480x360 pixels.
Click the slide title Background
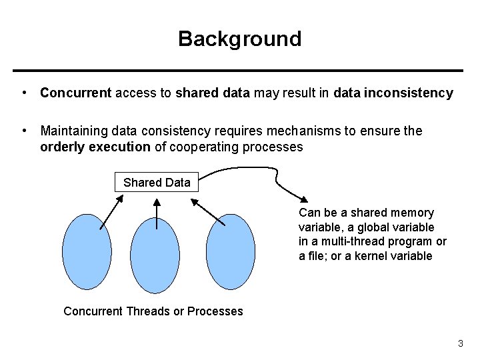tap(239, 39)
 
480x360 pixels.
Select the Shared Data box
tap(157, 182)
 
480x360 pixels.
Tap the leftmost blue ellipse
tap(87, 251)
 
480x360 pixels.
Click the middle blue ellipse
tap(155, 255)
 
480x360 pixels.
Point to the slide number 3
tap(460, 344)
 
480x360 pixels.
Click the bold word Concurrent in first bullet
tap(75, 93)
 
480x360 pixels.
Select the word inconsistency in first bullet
tap(413, 93)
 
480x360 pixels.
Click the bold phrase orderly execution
tap(95, 147)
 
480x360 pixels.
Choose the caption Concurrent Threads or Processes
tap(153, 311)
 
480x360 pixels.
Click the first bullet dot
tap(23, 93)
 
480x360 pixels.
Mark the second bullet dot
tap(23, 131)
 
